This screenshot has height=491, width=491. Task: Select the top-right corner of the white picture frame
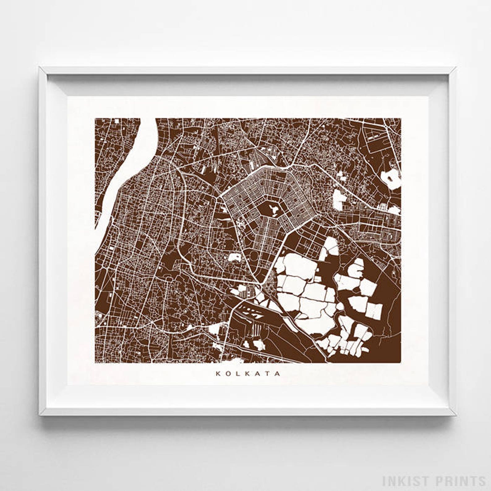[455, 68]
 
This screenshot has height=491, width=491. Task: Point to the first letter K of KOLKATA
[217, 374]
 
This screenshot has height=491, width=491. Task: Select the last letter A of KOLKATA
[279, 374]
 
